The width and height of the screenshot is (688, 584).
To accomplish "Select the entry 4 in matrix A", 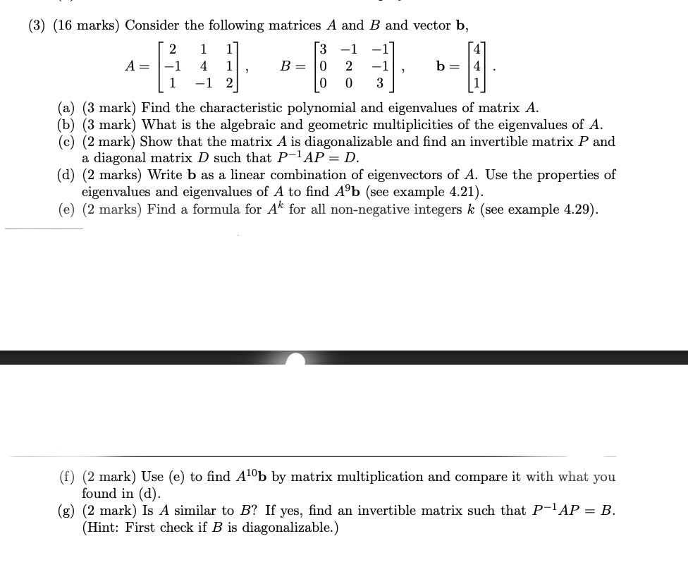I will [203, 66].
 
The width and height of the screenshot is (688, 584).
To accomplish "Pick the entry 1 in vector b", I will [479, 83].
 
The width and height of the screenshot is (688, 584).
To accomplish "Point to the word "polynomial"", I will [324, 108].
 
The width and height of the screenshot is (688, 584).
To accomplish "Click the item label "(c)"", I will [67, 142].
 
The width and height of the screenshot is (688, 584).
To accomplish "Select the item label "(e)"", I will [67, 209].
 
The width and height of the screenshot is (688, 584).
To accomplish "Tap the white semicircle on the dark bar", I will [296, 360].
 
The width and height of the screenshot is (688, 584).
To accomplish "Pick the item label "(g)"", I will [67, 511].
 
